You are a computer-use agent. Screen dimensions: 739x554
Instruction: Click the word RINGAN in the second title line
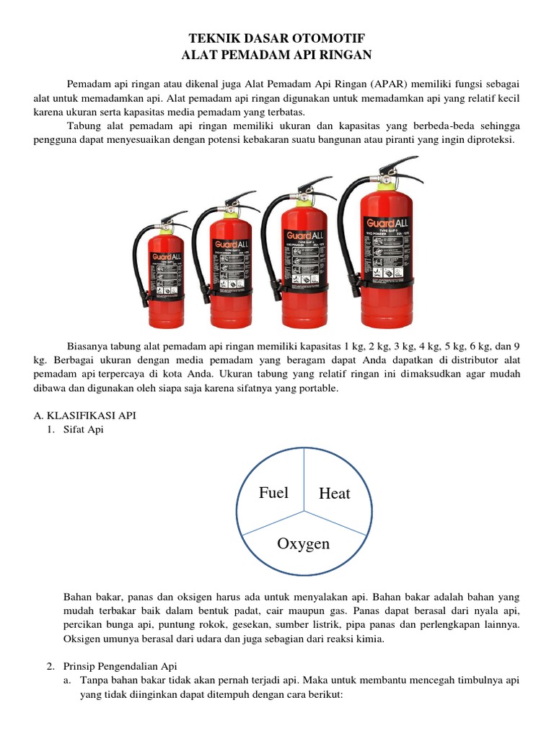[x=343, y=54]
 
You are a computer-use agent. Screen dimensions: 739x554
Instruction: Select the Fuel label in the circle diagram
[x=273, y=493]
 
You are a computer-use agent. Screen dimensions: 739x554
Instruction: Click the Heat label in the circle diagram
[x=334, y=494]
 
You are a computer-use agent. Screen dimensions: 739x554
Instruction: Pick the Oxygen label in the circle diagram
[x=303, y=543]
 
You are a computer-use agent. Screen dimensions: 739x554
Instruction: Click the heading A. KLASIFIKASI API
[x=84, y=416]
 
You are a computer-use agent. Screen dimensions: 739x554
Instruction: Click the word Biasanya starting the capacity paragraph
[x=89, y=345]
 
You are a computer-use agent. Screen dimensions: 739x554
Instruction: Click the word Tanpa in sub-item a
[x=94, y=680]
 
